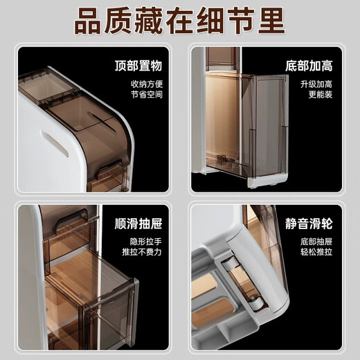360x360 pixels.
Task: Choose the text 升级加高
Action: [318, 84]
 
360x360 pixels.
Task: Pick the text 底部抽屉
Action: [318, 242]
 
